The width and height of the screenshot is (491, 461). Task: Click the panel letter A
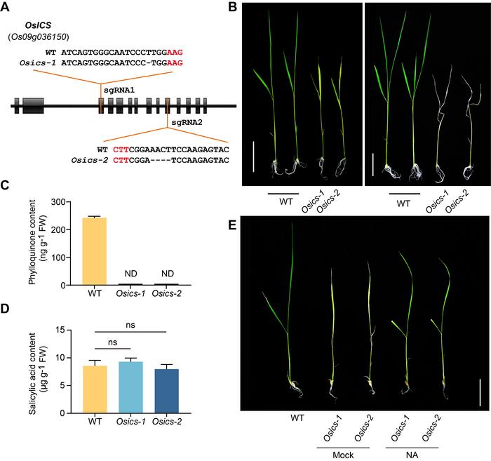(x=8, y=8)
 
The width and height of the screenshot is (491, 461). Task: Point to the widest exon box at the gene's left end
(x=33, y=107)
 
